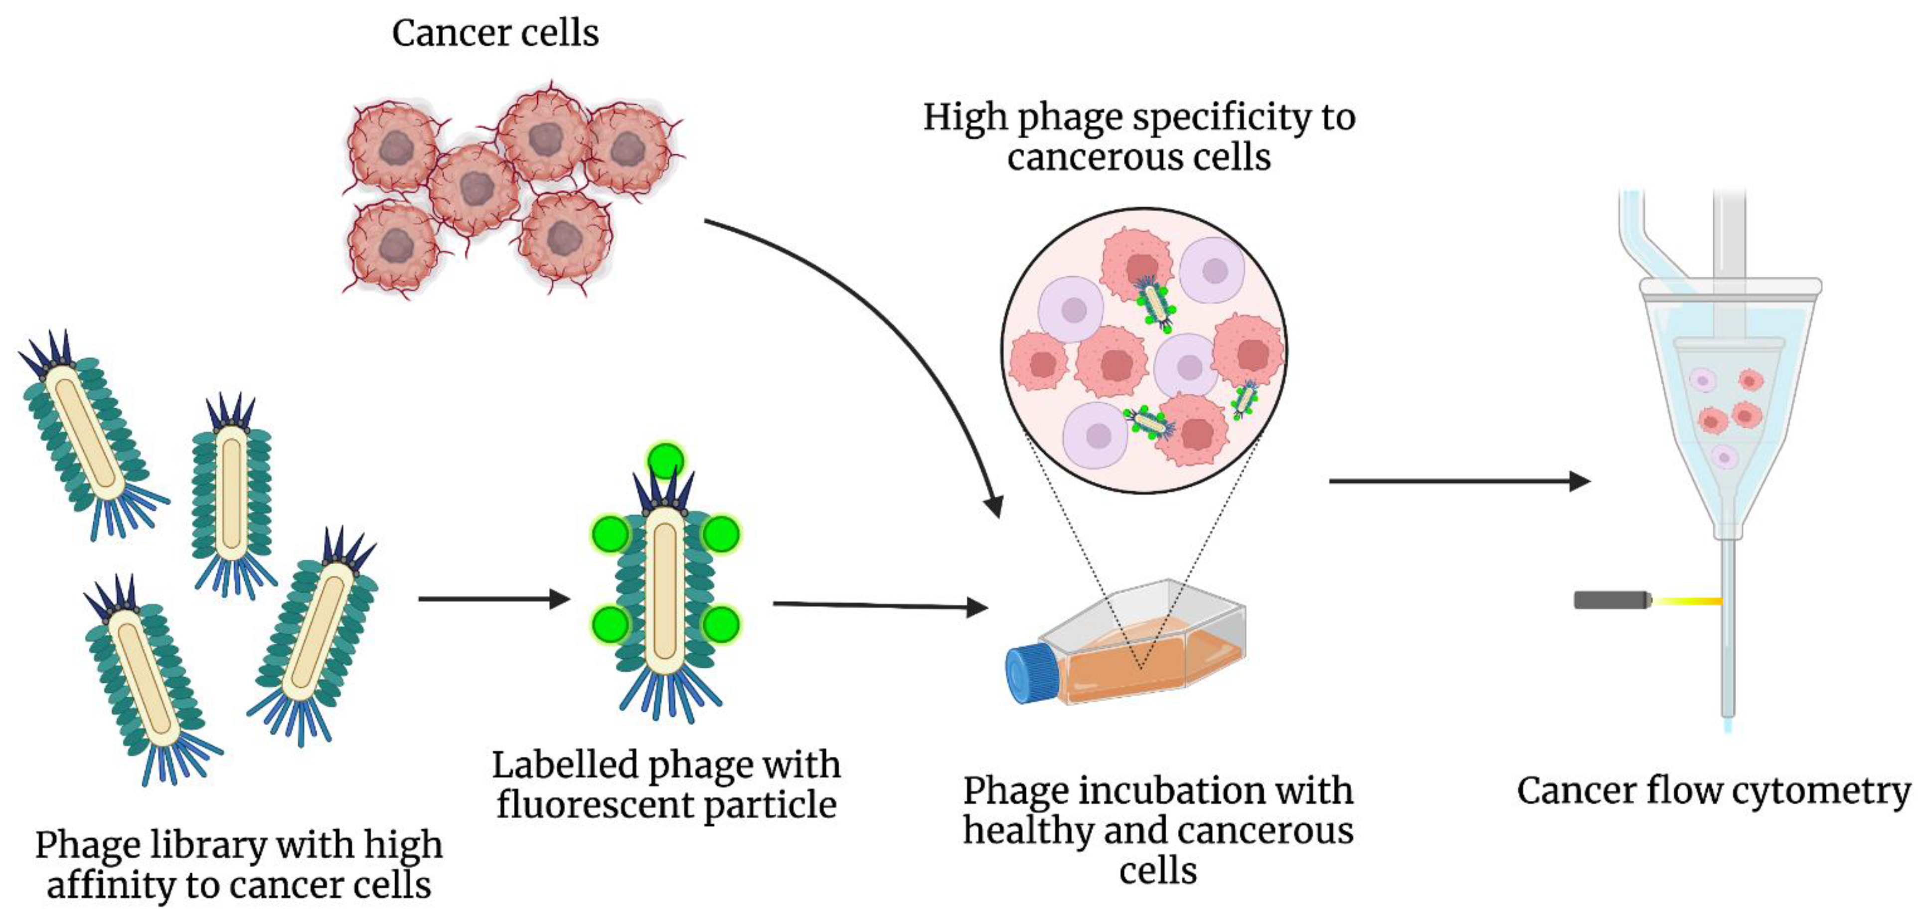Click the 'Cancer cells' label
click(x=495, y=33)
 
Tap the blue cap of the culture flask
click(x=1031, y=674)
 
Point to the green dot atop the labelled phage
click(x=665, y=459)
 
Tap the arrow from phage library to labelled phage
click(x=492, y=599)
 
